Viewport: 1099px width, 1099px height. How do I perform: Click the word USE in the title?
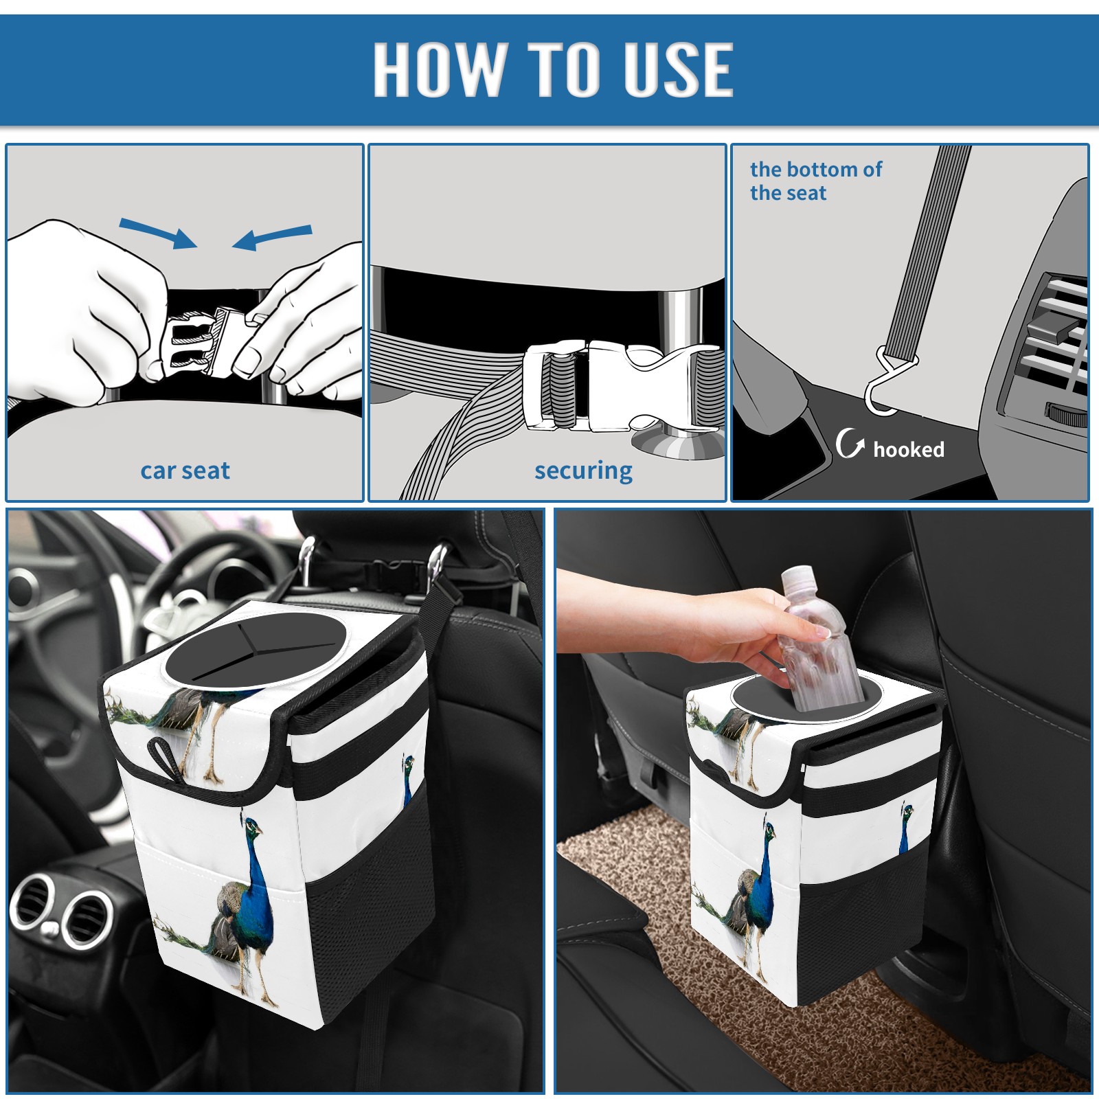tap(670, 69)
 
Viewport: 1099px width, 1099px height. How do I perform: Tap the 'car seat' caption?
tap(185, 471)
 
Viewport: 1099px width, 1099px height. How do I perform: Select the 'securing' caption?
tap(583, 471)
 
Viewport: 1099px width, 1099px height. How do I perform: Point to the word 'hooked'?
tap(909, 449)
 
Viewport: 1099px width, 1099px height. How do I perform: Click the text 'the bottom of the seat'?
tap(815, 181)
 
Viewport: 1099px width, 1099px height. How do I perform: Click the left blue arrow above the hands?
tap(159, 233)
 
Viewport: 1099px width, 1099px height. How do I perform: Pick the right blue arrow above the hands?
tap(272, 238)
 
